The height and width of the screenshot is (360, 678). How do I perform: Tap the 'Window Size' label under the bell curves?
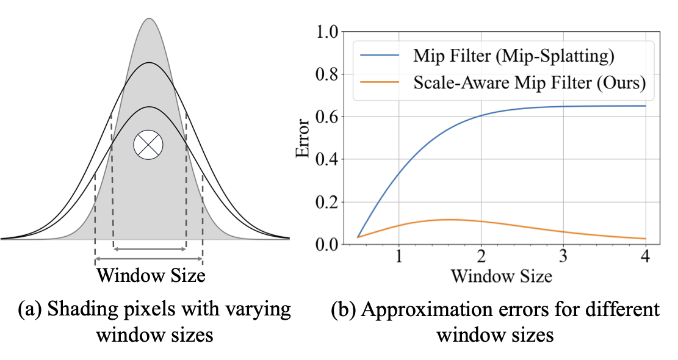pos(150,275)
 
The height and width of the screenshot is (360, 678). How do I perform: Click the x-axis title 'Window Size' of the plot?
pos(501,276)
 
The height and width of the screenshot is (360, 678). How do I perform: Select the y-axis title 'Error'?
pos(303,138)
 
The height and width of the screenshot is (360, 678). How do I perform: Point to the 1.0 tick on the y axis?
pos(326,32)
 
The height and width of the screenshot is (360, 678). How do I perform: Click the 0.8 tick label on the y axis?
pos(326,74)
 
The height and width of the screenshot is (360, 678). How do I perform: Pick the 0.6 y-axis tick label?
pos(326,117)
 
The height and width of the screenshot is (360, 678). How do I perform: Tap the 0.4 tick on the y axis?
pos(326,160)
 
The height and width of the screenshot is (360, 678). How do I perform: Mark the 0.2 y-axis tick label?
pos(326,202)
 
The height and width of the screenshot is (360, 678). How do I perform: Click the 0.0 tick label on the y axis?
pos(326,245)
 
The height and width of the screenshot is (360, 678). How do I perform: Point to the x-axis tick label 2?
pos(481,257)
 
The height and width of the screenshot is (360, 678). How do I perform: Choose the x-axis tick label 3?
pos(563,257)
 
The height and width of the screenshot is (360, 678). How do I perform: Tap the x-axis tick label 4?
pos(646,257)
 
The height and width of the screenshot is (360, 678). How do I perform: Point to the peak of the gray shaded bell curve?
pos(148,18)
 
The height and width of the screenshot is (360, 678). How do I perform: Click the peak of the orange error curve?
pos(449,219)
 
